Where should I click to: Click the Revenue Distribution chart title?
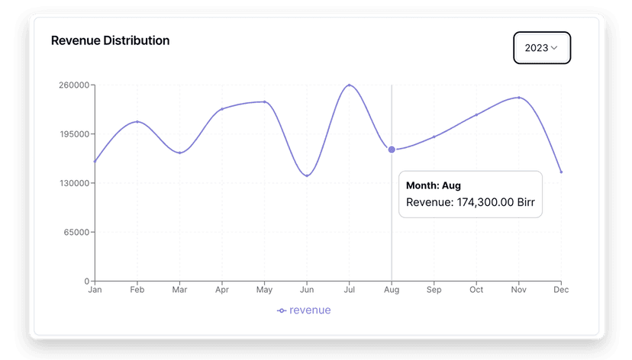(110, 40)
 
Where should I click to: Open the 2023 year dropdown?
(541, 48)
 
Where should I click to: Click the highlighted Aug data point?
(392, 149)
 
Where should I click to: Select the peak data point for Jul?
(349, 85)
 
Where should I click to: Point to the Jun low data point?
(307, 175)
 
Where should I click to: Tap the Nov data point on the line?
(519, 98)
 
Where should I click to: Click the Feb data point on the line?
(137, 122)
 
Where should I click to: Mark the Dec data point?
(561, 172)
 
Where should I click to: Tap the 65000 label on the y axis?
(78, 232)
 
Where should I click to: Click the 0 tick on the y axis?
(87, 281)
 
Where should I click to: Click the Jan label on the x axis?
(95, 290)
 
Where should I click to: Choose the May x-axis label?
(264, 290)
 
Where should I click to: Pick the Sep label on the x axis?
(434, 290)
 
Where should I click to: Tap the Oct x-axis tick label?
(476, 290)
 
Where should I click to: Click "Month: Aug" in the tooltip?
(434, 185)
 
